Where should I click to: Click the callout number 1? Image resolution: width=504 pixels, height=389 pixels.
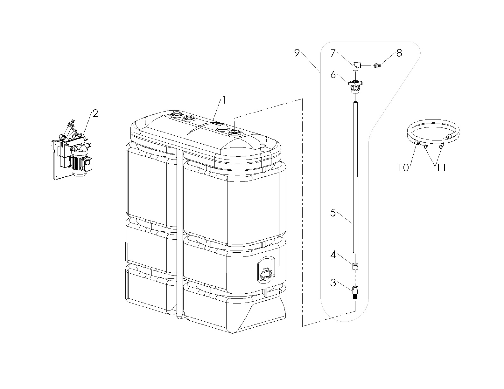224,100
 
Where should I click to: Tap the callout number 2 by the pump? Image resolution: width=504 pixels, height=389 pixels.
95,113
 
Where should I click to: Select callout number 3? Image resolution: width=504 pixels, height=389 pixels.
333,283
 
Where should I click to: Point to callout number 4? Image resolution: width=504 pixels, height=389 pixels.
333,255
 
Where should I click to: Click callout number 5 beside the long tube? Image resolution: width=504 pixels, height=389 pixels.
333,213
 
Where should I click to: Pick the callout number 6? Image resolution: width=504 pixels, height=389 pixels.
333,75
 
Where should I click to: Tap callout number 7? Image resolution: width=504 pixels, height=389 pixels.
333,53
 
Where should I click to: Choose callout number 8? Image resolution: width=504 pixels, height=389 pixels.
399,53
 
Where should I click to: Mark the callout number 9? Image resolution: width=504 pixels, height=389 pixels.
297,53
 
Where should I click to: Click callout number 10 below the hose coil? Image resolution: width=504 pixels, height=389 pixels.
403,167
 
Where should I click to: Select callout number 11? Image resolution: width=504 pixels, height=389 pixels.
441,167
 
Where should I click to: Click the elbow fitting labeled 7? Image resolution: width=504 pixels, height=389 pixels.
356,66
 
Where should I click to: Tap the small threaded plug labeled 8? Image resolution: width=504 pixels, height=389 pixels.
378,66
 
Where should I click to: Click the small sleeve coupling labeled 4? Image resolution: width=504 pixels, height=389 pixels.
355,266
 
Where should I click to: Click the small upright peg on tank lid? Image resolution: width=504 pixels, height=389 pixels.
262,147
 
